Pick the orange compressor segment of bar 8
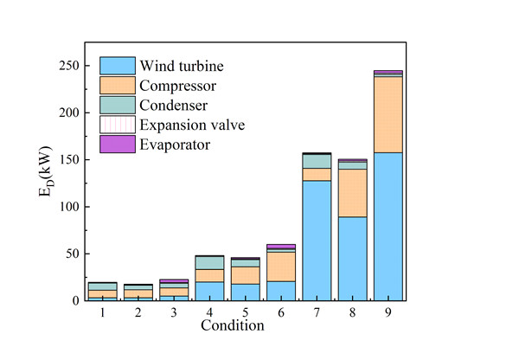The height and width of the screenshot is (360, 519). coord(352,193)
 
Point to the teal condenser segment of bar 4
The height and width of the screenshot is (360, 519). coord(209,262)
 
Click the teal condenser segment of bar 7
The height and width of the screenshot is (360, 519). coord(317,161)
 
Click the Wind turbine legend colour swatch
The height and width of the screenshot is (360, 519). coord(117,66)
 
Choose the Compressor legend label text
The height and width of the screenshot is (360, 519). coord(178,86)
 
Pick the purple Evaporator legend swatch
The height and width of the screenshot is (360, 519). coord(117,145)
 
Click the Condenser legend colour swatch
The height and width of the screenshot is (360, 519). coord(117,105)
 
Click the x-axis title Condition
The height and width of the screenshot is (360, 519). coord(232,326)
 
